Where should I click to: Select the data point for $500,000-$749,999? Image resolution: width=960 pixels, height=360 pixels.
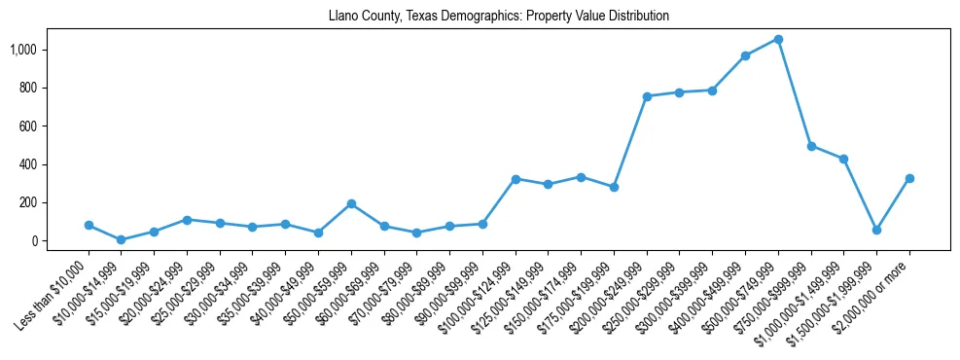tap(778, 39)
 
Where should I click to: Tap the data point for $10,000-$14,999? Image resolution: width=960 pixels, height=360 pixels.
tap(122, 239)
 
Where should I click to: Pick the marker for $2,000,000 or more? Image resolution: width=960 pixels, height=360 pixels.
tap(909, 178)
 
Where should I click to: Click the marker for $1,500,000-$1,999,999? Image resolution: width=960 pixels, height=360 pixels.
tap(876, 230)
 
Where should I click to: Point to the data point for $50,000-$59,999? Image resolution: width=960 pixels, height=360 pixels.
tap(351, 203)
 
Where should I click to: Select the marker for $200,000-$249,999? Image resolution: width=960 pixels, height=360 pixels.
tap(647, 96)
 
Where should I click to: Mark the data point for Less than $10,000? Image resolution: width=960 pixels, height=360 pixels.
tap(89, 225)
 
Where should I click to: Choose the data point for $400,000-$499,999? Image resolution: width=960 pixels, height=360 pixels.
tap(745, 55)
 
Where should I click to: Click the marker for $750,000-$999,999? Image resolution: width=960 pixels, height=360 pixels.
tap(811, 146)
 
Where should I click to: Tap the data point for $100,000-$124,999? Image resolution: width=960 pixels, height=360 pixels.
tap(516, 179)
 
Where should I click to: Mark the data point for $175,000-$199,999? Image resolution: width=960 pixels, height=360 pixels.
tap(614, 187)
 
